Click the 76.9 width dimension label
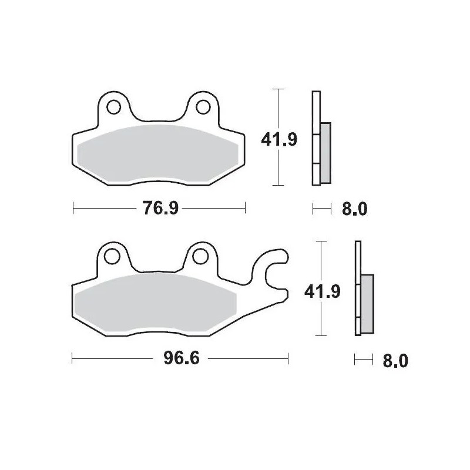[159, 209]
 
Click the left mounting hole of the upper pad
[113, 107]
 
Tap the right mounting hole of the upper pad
[203, 107]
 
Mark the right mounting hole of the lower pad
[201, 256]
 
